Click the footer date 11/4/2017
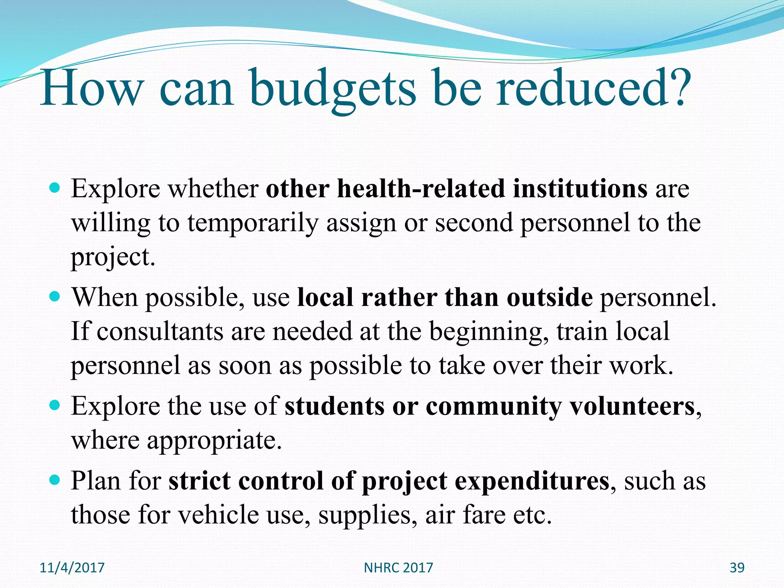tap(72, 567)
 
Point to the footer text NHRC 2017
tap(398, 567)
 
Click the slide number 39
tap(737, 567)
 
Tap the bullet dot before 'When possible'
tap(56, 297)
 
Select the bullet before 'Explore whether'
tap(56, 188)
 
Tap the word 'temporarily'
tap(253, 223)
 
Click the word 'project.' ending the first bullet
tap(113, 257)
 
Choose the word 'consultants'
tap(160, 332)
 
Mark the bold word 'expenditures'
tap(532, 481)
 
